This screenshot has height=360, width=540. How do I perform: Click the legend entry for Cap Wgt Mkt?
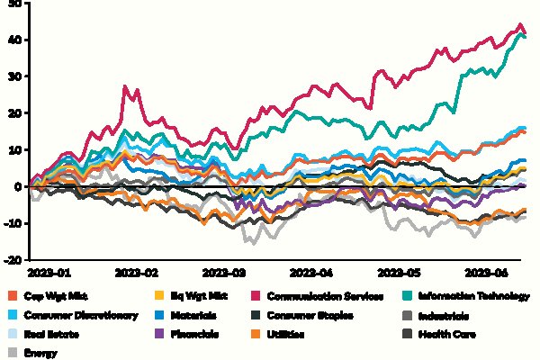coord(54,295)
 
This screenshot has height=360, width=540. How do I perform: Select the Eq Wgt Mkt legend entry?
coord(197,295)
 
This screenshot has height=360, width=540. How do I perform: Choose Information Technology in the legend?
coord(475,295)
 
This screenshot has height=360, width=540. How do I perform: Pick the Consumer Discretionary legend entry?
coord(78,315)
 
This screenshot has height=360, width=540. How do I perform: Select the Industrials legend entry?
coord(446,315)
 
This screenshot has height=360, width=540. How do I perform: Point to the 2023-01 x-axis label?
coord(49,270)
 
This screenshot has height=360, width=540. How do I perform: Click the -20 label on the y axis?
coord(13,260)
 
